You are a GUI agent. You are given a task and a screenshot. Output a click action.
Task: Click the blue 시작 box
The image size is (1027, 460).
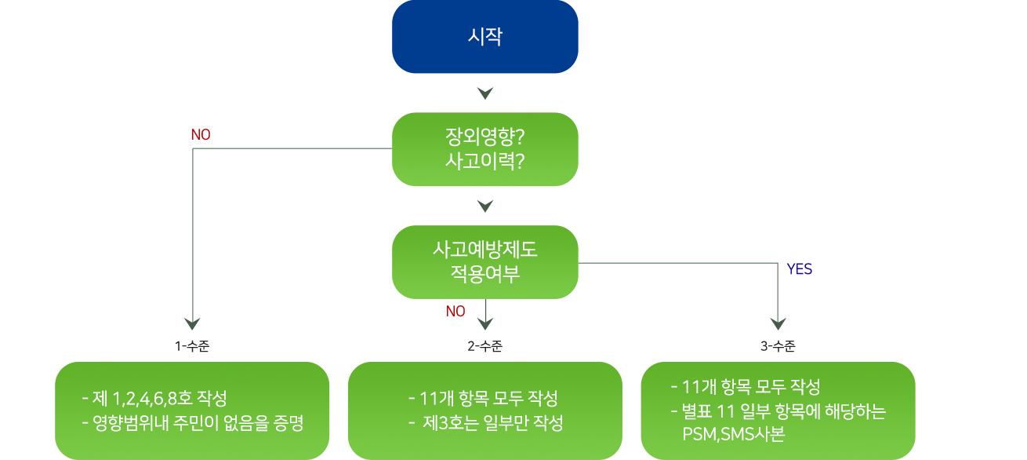484,37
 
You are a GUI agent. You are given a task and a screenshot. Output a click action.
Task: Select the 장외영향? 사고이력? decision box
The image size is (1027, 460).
484,149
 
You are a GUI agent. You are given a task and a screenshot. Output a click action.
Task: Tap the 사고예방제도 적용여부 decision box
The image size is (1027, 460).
484,261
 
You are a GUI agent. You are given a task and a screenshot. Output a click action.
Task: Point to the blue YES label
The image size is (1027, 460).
799,269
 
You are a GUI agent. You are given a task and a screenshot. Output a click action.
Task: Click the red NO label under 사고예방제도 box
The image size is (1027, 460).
455,312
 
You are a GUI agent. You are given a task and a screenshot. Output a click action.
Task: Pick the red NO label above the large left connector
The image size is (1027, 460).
201,135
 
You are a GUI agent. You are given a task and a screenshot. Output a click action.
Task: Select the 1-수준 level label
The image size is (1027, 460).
192,345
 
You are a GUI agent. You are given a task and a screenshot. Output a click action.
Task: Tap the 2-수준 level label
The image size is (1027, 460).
484,345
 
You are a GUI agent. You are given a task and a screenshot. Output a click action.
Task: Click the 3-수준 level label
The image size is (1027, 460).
777,345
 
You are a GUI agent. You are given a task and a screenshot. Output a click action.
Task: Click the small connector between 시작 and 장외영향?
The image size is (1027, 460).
484,93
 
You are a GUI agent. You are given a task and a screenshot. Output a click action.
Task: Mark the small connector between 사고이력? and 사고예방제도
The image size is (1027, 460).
484,206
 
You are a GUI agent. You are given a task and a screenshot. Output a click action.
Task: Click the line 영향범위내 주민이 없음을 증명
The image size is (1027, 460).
192,424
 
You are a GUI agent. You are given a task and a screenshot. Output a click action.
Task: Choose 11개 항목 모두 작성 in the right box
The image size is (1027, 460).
746,387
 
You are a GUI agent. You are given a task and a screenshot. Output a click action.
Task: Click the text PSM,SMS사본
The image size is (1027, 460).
733,434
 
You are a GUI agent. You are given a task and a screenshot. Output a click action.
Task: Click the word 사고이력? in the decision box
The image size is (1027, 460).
484,161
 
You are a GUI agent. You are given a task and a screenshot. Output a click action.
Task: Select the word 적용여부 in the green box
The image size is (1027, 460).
484,274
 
